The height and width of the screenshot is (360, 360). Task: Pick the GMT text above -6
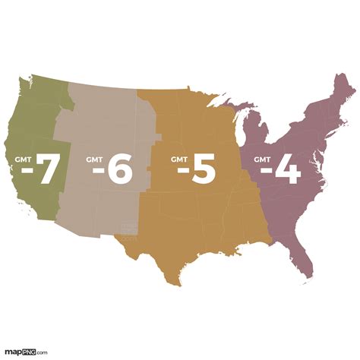[95, 159]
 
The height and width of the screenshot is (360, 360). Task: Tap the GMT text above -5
[179, 159]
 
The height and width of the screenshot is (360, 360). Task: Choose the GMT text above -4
[262, 159]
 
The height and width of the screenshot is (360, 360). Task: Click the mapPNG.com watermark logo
[26, 352]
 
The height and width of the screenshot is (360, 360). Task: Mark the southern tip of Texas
[179, 283]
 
